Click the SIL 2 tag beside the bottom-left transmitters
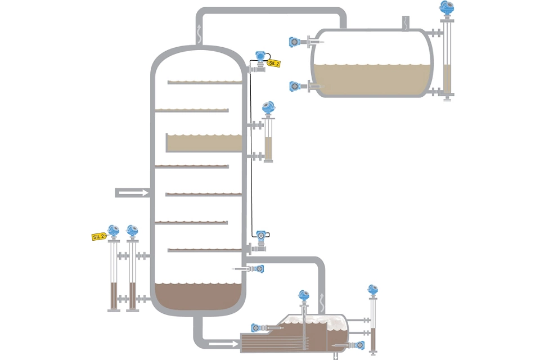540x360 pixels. [98, 237]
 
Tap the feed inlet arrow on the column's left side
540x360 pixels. [133, 193]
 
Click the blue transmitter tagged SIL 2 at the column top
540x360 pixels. [260, 56]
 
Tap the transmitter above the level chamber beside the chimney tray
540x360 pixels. [269, 106]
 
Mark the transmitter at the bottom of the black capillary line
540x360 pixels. [261, 236]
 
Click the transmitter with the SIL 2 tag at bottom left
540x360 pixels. [114, 231]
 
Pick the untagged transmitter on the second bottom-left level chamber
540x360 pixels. [132, 231]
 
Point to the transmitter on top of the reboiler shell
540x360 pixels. [304, 295]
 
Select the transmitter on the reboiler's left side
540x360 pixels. [256, 327]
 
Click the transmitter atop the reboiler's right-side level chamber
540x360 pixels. [372, 290]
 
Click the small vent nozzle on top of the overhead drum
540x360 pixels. [403, 23]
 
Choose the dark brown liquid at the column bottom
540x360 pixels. [199, 297]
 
